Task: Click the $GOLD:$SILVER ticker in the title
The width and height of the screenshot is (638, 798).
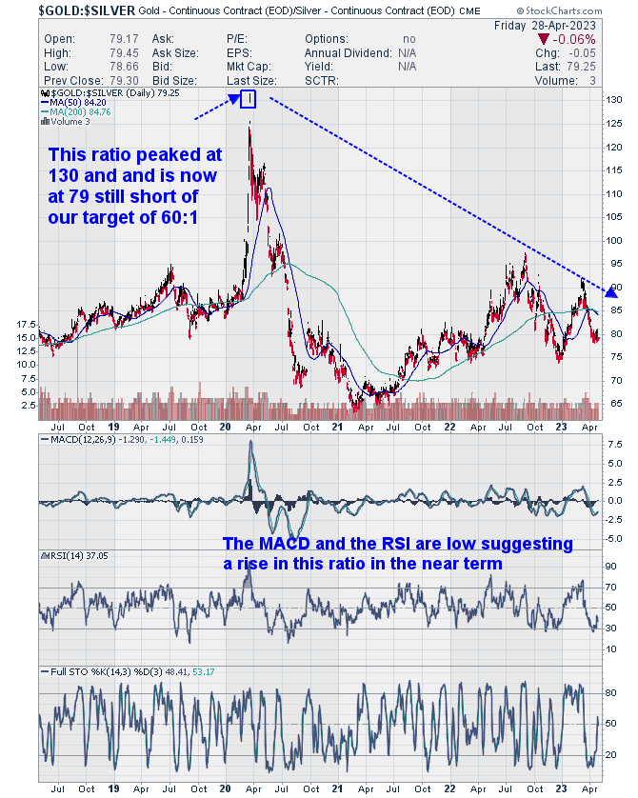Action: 60,10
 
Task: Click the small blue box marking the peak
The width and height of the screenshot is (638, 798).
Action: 248,99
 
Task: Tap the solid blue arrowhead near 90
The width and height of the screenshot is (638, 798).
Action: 611,290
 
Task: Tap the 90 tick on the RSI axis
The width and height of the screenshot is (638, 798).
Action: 612,566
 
